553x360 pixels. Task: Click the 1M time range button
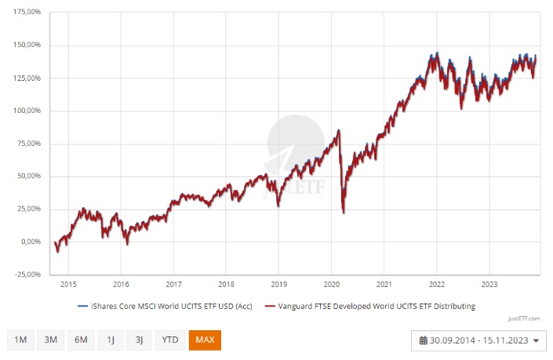point(21,340)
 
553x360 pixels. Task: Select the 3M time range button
point(51,340)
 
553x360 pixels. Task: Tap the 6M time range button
point(81,340)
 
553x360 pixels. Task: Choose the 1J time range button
point(111,340)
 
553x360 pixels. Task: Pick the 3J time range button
point(139,340)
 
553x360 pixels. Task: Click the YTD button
point(169,340)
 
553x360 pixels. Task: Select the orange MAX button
point(205,340)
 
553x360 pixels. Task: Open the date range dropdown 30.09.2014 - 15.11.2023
point(478,340)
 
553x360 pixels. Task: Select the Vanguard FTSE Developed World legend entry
point(369,306)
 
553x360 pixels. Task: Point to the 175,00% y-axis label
point(27,13)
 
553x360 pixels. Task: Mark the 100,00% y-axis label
point(27,111)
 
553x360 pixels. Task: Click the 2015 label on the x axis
point(68,285)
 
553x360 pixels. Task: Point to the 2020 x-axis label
point(331,285)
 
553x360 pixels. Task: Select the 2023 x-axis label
point(488,285)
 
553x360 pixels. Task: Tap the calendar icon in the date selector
point(424,340)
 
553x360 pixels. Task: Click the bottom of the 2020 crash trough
point(344,212)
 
